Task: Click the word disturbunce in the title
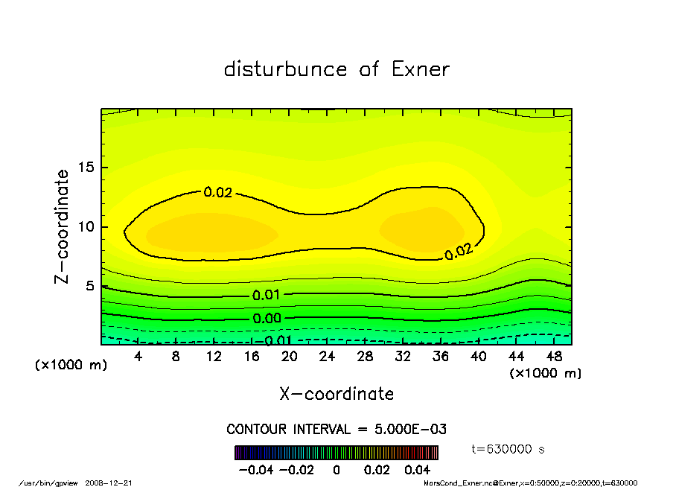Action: coord(285,69)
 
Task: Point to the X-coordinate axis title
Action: coord(336,393)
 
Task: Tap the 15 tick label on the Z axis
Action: coord(88,168)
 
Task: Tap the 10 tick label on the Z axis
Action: coord(88,227)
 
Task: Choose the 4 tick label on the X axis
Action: coord(138,357)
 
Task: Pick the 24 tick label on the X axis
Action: coord(328,357)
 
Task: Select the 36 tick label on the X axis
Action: coord(441,357)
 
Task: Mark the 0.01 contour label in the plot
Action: coord(266,295)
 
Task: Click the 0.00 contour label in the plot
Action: coord(266,319)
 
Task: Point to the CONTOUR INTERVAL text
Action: coord(336,430)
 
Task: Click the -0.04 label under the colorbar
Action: coord(251,470)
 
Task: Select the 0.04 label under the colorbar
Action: coord(417,470)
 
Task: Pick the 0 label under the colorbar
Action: coord(336,470)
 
